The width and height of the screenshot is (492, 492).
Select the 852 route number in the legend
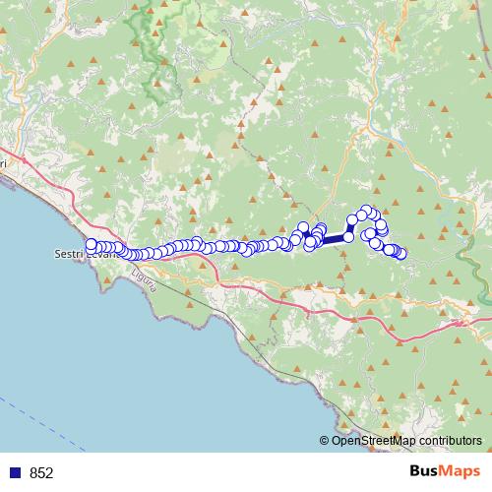[41, 473]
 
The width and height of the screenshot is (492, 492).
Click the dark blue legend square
[18, 473]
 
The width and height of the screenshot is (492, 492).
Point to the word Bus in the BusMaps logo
[426, 472]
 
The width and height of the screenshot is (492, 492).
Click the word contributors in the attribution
[447, 441]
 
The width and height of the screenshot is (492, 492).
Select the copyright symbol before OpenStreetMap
[325, 441]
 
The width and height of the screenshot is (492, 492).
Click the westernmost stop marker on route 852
[92, 244]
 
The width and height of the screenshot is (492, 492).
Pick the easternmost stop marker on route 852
[400, 254]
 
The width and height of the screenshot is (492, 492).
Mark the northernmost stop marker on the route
[366, 210]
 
